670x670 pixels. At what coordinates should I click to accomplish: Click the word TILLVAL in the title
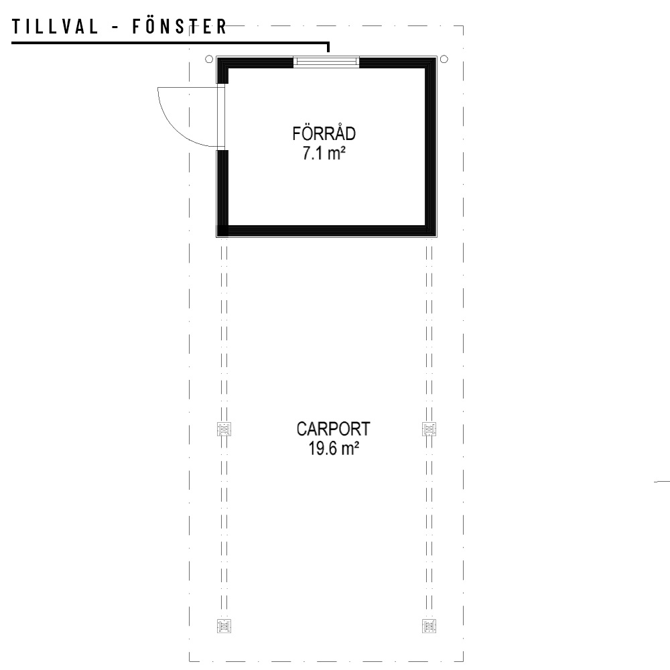click(x=55, y=27)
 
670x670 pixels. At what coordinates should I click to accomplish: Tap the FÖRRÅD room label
click(x=324, y=134)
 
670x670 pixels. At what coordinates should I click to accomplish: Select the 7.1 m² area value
click(x=324, y=153)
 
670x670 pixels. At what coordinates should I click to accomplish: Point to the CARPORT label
click(x=333, y=429)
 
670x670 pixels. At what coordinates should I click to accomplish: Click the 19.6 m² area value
click(x=334, y=449)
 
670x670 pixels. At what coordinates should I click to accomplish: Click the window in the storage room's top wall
click(x=326, y=62)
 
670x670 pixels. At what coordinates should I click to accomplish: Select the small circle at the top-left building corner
click(x=209, y=59)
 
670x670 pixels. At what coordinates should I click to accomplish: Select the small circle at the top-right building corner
click(x=444, y=59)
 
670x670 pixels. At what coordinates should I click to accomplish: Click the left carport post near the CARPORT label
click(x=224, y=429)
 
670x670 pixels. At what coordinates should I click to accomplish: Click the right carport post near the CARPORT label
click(x=429, y=429)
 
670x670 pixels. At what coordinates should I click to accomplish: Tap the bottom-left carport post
click(x=224, y=626)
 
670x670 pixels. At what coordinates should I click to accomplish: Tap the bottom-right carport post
click(x=429, y=626)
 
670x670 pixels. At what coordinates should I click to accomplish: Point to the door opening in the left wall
click(x=221, y=117)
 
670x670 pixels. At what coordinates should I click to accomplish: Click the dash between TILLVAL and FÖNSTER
click(x=115, y=27)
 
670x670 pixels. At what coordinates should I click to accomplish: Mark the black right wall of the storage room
click(x=431, y=147)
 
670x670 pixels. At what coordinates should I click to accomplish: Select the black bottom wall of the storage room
click(x=326, y=230)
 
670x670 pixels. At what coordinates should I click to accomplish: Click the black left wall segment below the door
click(x=222, y=193)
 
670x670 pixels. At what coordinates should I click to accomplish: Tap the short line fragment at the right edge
click(x=663, y=482)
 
